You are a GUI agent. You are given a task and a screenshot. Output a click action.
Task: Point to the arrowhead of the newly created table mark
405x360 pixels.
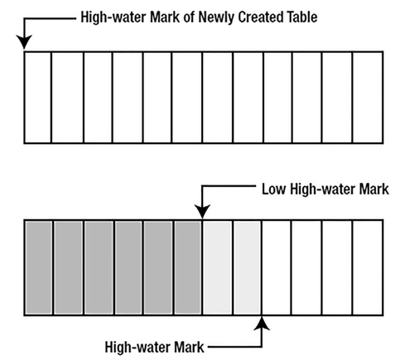[x=24, y=42]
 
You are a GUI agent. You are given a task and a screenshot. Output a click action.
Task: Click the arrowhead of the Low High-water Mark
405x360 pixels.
[x=202, y=212]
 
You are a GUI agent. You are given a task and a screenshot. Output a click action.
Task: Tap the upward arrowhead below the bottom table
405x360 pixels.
[x=262, y=323]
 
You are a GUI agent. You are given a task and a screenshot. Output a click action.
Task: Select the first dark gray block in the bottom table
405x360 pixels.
[x=39, y=267]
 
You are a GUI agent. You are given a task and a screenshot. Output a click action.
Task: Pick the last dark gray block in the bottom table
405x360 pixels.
[x=188, y=267]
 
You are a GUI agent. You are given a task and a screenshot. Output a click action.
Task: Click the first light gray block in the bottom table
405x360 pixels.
[x=218, y=267]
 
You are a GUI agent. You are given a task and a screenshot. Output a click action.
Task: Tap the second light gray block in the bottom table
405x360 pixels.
[x=248, y=267]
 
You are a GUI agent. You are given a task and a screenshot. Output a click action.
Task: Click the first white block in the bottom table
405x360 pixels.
[x=277, y=267]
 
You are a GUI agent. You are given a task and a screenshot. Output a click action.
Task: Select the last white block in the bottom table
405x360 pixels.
[x=368, y=267]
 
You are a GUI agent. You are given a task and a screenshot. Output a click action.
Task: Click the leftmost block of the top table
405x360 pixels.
[x=38, y=98]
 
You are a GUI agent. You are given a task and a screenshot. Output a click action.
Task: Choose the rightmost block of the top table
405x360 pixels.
[x=368, y=98]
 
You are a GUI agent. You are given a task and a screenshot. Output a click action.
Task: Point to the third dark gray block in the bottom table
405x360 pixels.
[x=99, y=267]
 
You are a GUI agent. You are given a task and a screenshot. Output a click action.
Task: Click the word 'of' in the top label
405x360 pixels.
[x=189, y=17]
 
